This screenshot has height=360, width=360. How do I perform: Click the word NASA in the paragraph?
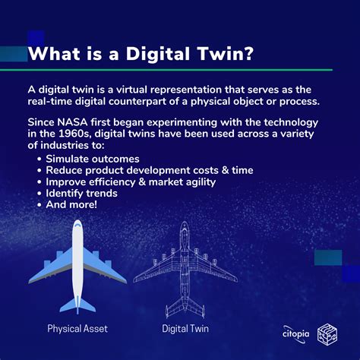point(72,122)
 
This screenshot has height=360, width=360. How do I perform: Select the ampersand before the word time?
point(225,170)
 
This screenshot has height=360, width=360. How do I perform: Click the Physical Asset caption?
point(77,329)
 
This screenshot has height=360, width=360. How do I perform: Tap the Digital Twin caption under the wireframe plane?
point(185,329)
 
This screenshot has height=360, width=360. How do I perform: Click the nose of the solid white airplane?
point(77,222)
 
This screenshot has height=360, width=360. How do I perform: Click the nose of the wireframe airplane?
point(185,223)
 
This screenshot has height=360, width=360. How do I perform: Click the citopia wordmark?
point(295,334)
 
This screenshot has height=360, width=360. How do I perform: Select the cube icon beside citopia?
point(327,334)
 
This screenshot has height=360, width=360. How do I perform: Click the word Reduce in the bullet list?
point(64,170)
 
